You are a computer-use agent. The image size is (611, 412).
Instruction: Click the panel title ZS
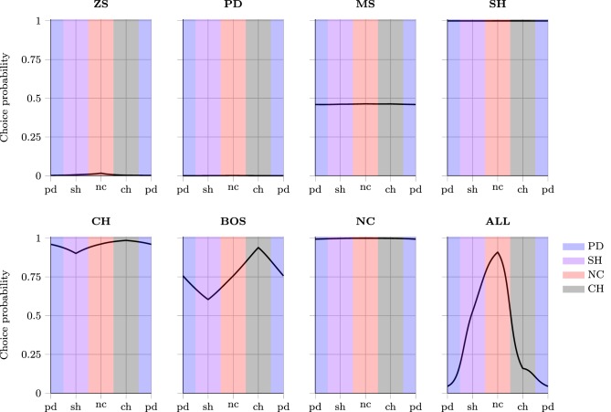pos(100,7)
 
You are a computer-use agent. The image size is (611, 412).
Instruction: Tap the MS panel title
pos(364,7)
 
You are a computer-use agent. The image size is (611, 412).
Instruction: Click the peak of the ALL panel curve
pos(497,252)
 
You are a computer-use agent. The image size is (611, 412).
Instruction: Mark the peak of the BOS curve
pos(258,248)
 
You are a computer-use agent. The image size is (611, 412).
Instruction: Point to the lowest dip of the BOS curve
pos(207,299)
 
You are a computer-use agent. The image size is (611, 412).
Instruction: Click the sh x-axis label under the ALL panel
pos(472,405)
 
